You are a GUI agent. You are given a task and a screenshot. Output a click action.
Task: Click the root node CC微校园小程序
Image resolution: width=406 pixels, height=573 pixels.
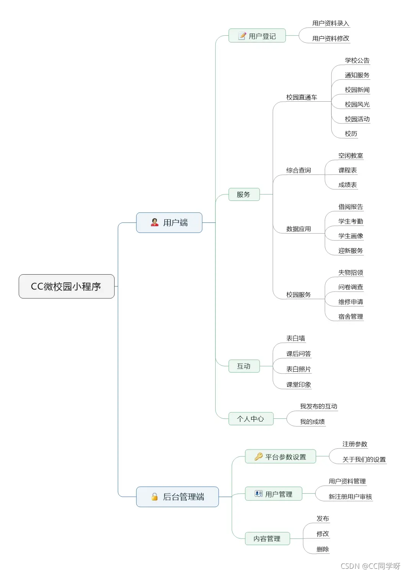pyautogui.click(x=66, y=286)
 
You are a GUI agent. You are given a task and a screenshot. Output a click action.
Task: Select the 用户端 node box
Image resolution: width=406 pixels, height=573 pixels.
pyautogui.click(x=169, y=222)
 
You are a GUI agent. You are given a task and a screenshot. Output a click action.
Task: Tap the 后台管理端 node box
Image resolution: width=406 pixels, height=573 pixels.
pyautogui.click(x=177, y=497)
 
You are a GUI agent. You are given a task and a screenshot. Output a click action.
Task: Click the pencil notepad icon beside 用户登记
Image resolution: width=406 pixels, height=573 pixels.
pyautogui.click(x=242, y=36)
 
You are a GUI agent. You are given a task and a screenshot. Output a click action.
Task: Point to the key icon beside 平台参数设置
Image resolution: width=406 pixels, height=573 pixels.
pyautogui.click(x=259, y=456)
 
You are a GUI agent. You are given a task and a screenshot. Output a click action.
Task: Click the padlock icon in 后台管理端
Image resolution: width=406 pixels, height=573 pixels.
pyautogui.click(x=154, y=497)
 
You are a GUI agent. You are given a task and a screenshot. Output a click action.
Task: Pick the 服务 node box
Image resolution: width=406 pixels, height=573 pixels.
pyautogui.click(x=244, y=194)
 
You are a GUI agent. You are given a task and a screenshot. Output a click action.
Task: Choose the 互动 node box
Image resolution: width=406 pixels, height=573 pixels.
pyautogui.click(x=244, y=366)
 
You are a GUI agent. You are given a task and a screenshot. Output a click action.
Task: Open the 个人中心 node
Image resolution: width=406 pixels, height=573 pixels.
pyautogui.click(x=250, y=418)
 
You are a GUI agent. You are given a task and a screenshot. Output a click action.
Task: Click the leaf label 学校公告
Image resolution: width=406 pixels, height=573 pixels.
pyautogui.click(x=357, y=60)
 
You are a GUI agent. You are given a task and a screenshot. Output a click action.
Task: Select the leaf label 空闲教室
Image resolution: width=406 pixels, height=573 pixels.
pyautogui.click(x=350, y=155)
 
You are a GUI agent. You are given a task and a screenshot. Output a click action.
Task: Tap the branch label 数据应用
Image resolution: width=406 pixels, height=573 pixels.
pyautogui.click(x=298, y=229)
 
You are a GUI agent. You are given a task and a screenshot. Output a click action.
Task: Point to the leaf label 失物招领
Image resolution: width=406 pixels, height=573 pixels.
pyautogui.click(x=350, y=272)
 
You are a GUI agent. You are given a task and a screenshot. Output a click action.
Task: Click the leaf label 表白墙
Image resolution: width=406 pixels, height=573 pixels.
pyautogui.click(x=296, y=338)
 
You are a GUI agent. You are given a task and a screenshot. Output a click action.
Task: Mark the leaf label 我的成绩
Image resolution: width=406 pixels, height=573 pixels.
pyautogui.click(x=312, y=422)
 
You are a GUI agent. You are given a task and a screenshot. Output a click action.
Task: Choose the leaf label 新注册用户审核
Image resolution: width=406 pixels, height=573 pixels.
pyautogui.click(x=350, y=497)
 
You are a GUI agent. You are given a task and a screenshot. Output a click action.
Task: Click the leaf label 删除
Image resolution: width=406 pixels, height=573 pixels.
pyautogui.click(x=323, y=549)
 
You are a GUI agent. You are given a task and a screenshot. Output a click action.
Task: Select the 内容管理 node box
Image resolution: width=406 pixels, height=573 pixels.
pyautogui.click(x=267, y=538)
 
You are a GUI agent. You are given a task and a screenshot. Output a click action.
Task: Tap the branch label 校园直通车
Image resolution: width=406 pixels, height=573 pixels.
pyautogui.click(x=301, y=97)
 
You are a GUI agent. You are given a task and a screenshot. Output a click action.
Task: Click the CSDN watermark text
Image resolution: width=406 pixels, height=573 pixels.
pyautogui.click(x=370, y=566)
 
